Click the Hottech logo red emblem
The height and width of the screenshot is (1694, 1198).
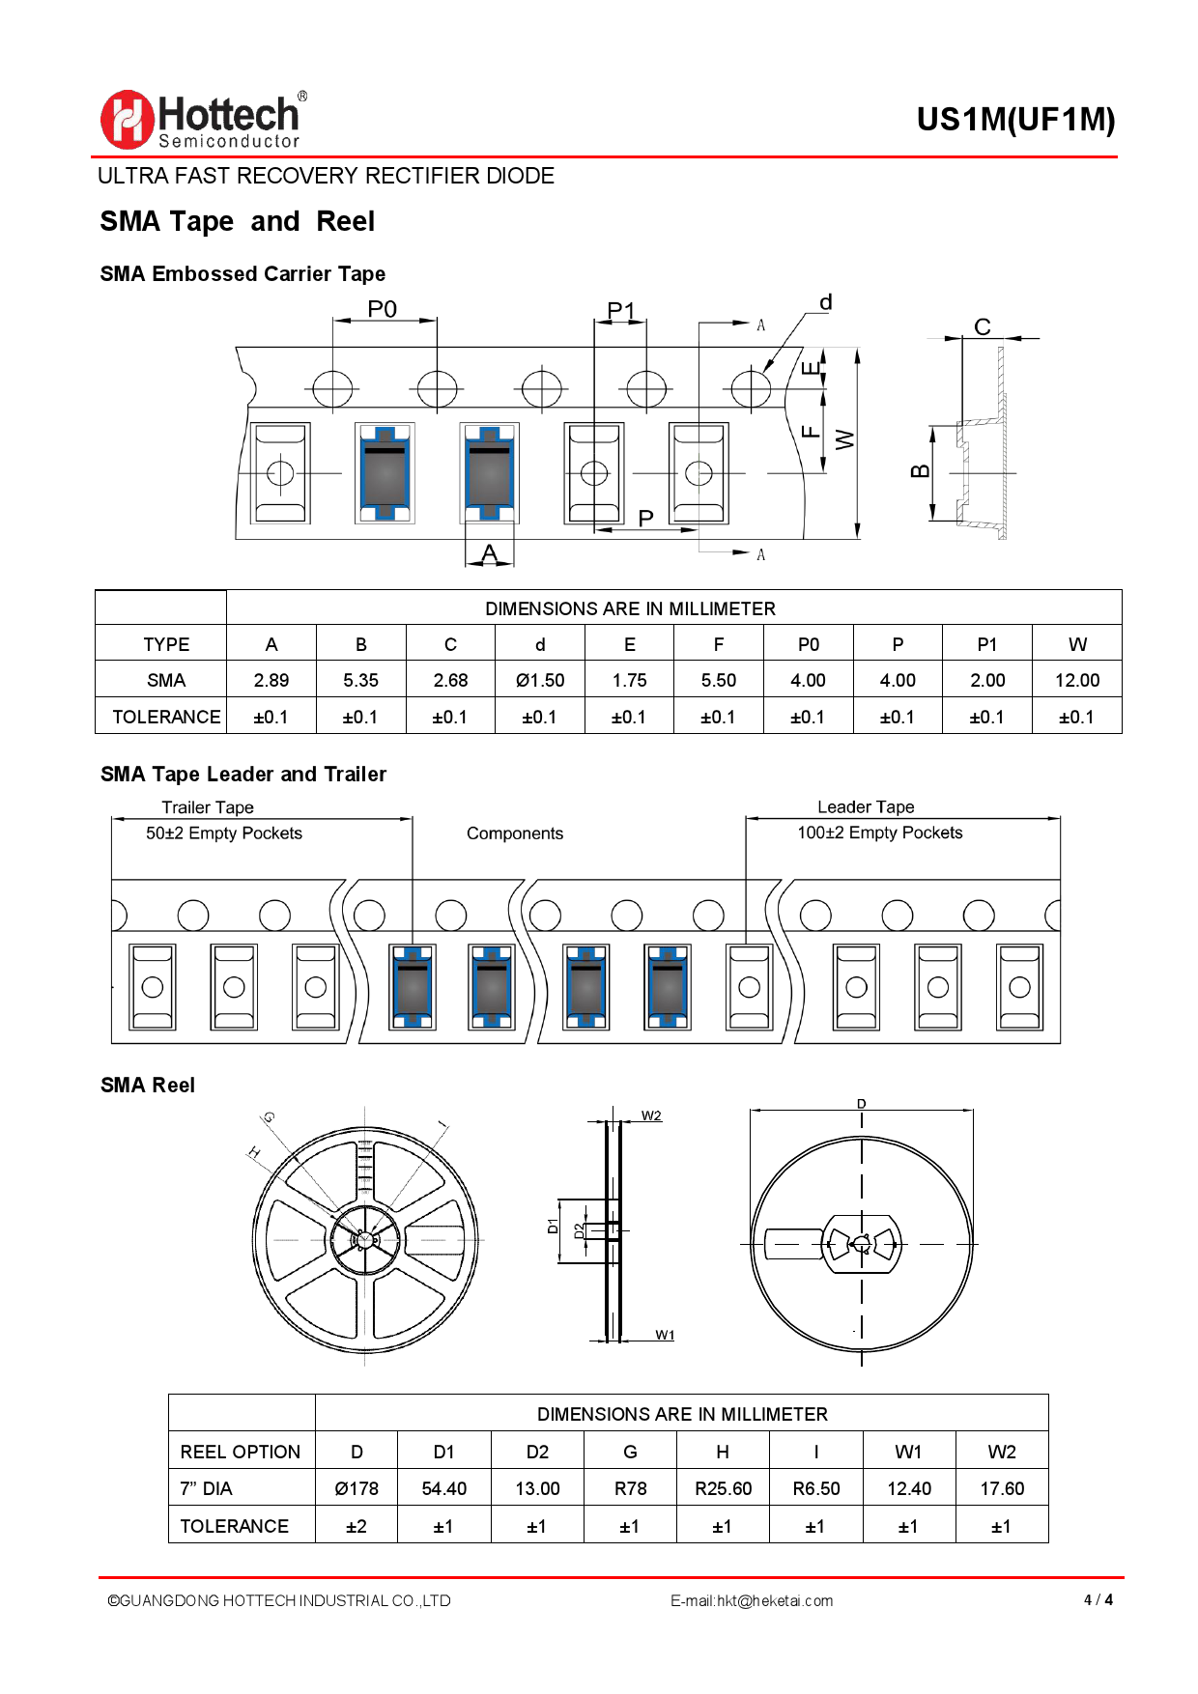tap(127, 120)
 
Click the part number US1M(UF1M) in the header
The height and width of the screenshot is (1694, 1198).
tap(1015, 120)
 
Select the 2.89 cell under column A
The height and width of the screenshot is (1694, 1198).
tap(271, 680)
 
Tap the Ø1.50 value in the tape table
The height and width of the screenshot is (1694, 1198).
tap(540, 680)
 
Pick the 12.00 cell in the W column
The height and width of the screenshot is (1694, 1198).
tap(1077, 680)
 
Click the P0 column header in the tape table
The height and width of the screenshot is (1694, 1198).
tap(808, 644)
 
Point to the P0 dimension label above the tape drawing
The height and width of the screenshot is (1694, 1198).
tap(383, 309)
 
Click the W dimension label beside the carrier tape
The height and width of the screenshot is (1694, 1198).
tap(845, 439)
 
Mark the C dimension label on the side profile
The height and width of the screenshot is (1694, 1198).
tap(983, 326)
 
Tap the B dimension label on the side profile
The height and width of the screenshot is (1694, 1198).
tap(920, 471)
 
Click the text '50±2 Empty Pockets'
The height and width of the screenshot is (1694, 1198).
tap(224, 833)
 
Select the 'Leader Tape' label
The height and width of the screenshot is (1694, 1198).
tap(866, 806)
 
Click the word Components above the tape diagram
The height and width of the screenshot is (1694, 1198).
tap(515, 833)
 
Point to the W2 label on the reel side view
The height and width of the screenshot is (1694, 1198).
tap(652, 1115)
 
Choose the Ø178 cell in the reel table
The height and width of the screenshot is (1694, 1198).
tap(357, 1488)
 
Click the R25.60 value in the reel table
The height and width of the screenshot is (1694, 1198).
tap(723, 1488)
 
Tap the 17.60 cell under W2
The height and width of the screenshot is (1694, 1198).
tap(1002, 1488)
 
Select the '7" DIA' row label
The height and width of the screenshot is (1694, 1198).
tap(207, 1488)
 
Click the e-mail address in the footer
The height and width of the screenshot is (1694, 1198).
tap(752, 1600)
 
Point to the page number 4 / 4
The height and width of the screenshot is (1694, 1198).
tap(1098, 1599)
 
